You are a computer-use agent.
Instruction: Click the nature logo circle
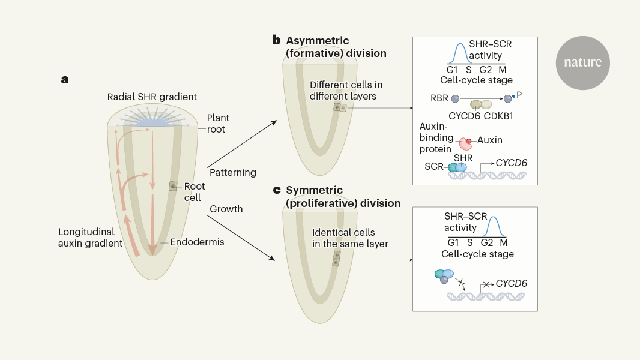[582, 62]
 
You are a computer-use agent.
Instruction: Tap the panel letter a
[65, 79]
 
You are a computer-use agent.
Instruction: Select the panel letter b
[276, 41]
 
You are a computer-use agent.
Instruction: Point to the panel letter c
[276, 190]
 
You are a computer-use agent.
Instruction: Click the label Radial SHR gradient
[152, 97]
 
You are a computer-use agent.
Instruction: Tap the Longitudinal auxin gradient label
[91, 237]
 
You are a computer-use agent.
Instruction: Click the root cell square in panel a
[173, 187]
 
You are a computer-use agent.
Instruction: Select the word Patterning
[233, 173]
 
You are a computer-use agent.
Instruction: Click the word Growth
[226, 209]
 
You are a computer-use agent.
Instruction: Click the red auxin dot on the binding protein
[469, 141]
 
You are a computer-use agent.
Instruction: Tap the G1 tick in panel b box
[453, 70]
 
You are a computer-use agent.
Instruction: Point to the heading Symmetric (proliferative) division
[343, 197]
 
